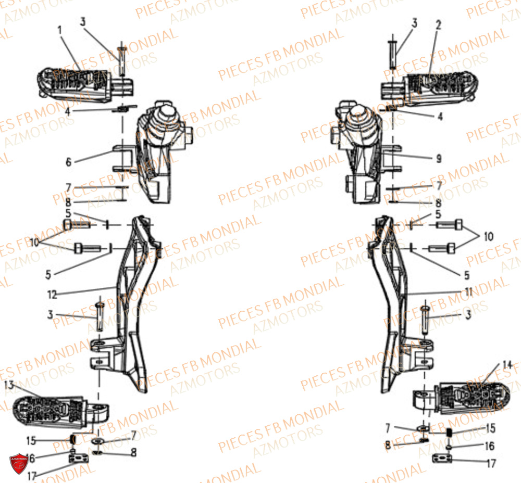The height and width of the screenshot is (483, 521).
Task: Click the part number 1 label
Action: click(60, 30)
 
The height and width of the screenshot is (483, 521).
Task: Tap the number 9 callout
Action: click(439, 158)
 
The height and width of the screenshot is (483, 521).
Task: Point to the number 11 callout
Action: click(468, 292)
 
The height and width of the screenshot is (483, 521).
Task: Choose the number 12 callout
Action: click(52, 294)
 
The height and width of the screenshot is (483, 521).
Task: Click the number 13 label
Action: click(9, 385)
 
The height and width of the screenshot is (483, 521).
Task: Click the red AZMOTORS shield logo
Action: click(18, 462)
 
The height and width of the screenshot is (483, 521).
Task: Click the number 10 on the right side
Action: click(488, 237)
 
